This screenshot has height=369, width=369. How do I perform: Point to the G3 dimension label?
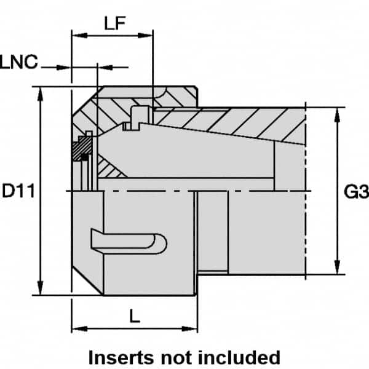[x=355, y=193]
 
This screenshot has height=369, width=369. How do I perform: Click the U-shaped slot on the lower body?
[x=130, y=241]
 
